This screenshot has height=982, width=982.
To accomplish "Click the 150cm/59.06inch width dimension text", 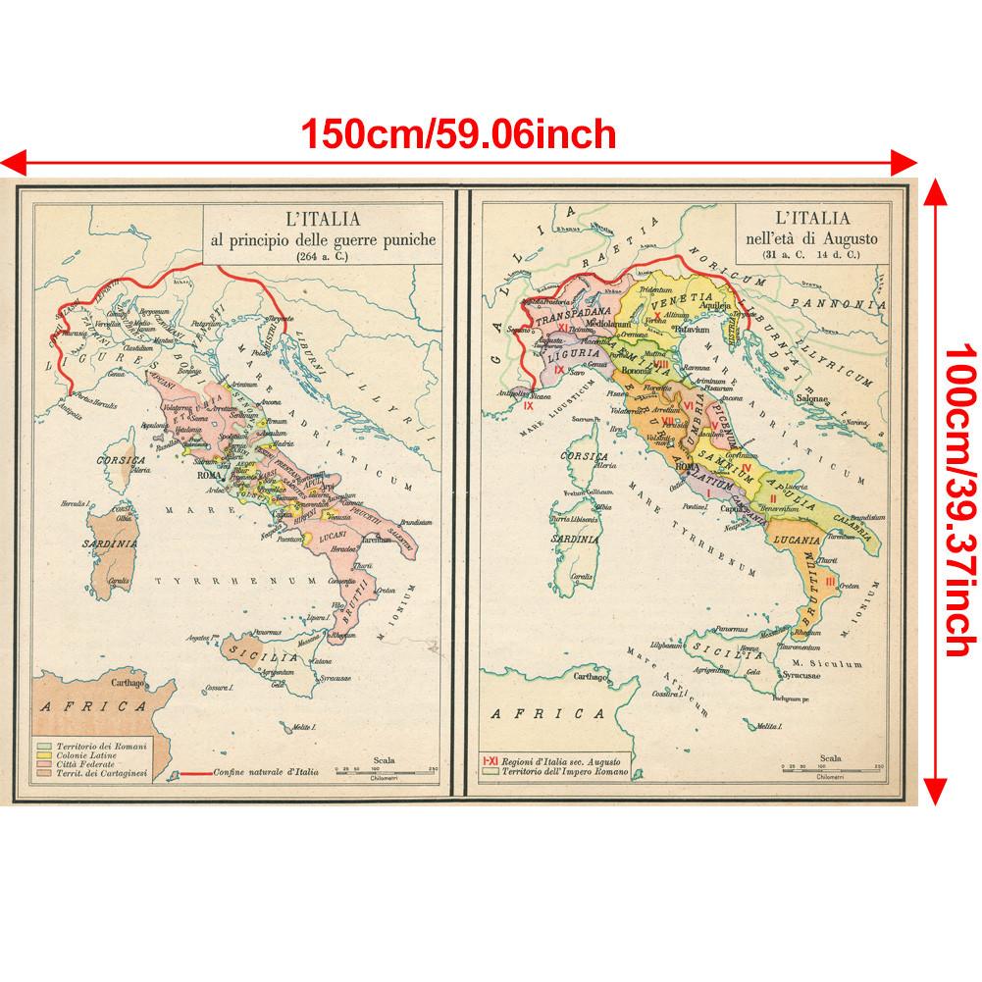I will click(x=458, y=132).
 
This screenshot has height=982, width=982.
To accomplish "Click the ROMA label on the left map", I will click(x=210, y=475).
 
